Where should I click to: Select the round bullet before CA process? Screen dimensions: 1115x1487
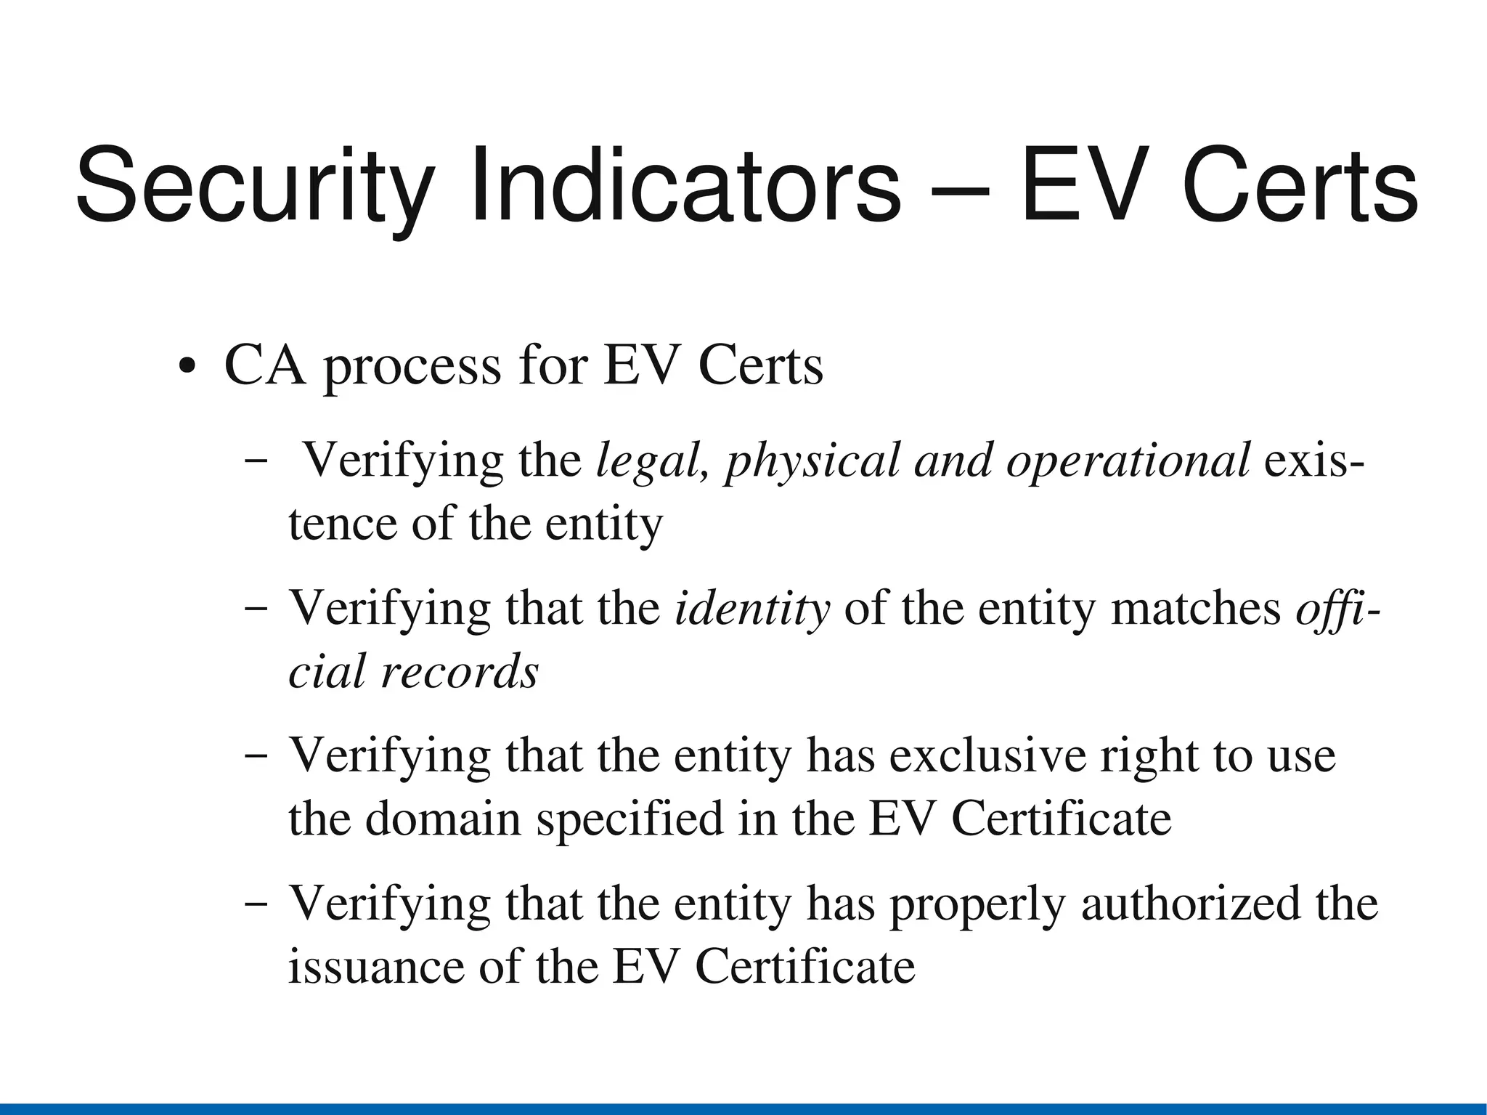[x=187, y=365]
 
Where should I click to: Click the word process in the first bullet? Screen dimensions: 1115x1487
[x=412, y=368]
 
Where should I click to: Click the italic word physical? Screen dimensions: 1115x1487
[x=812, y=462]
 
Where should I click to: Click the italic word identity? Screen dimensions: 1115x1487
[x=752, y=609]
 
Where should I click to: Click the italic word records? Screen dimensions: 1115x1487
[x=460, y=671]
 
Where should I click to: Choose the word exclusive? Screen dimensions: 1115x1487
[x=988, y=756]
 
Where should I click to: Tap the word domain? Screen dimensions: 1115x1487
[x=443, y=819]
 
